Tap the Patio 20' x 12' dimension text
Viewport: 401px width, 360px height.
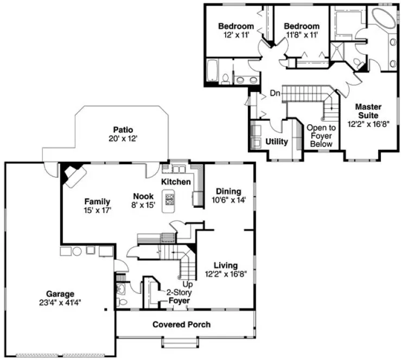pos(123,139)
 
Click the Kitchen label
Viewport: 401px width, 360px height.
pos(176,182)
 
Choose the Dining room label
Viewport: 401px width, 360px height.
pos(228,191)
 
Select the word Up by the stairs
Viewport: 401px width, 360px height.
pos(188,284)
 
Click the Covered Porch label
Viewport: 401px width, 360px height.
pos(181,325)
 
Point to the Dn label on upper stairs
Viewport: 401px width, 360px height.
pos(276,93)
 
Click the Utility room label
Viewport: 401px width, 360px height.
pos(277,142)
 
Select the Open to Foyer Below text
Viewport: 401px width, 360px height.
pos(321,136)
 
